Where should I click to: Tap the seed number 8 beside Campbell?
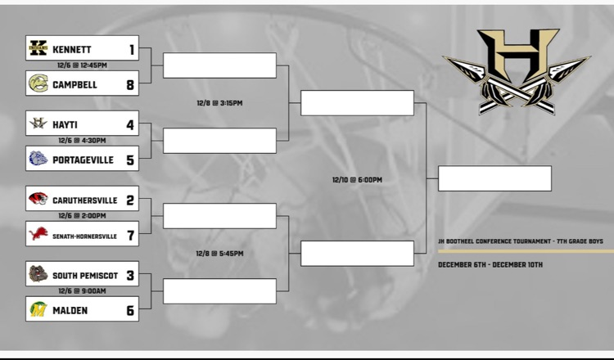[130, 83]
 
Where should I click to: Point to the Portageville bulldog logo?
[38, 159]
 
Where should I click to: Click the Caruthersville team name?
[84, 200]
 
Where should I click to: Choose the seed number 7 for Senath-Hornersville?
[130, 235]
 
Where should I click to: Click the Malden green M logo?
[38, 309]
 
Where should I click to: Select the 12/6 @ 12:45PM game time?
[82, 65]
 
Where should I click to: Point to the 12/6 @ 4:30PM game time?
[82, 141]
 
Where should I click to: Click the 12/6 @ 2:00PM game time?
[82, 216]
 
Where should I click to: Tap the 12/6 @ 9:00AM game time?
[82, 291]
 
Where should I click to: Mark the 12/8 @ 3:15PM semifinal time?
[219, 103]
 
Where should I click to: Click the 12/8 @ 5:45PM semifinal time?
[219, 254]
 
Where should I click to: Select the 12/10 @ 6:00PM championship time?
[357, 179]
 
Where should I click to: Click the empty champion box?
[494, 178]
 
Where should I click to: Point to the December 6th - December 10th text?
[490, 265]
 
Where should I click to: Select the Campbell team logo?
[38, 83]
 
